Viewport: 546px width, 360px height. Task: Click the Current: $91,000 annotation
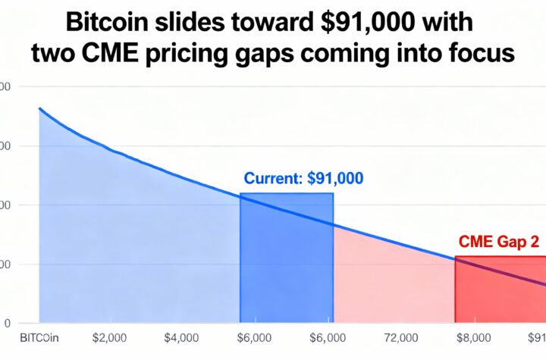tap(303, 179)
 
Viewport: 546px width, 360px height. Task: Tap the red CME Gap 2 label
tap(499, 243)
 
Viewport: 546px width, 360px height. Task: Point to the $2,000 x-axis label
tap(108, 338)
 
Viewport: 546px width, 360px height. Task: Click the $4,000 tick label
tap(181, 338)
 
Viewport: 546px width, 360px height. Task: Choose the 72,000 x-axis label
tap(401, 338)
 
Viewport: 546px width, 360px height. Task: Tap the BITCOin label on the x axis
tap(39, 338)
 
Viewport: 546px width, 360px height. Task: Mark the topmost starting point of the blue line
tap(39, 108)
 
